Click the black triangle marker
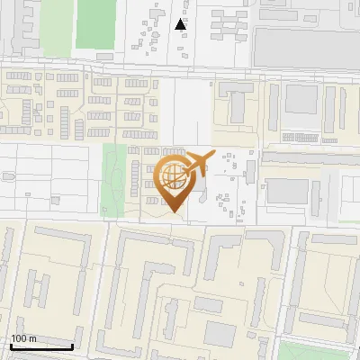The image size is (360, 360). tap(181, 24)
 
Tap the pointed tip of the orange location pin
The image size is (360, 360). tap(173, 211)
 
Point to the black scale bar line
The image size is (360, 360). tap(41, 346)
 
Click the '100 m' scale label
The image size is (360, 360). tap(24, 338)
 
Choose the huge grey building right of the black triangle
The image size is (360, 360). tap(306, 45)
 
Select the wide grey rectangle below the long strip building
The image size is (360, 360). tap(289, 190)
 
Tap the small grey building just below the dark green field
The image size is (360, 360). tap(104, 56)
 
